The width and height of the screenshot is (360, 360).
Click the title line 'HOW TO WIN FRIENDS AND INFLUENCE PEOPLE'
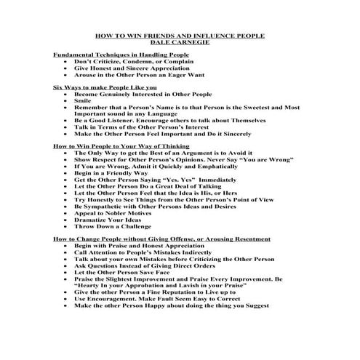pyautogui.click(x=180, y=36)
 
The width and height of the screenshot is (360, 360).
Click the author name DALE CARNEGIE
pyautogui.click(x=180, y=43)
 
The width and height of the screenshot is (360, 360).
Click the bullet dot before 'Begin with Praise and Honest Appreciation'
pyautogui.click(x=66, y=246)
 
